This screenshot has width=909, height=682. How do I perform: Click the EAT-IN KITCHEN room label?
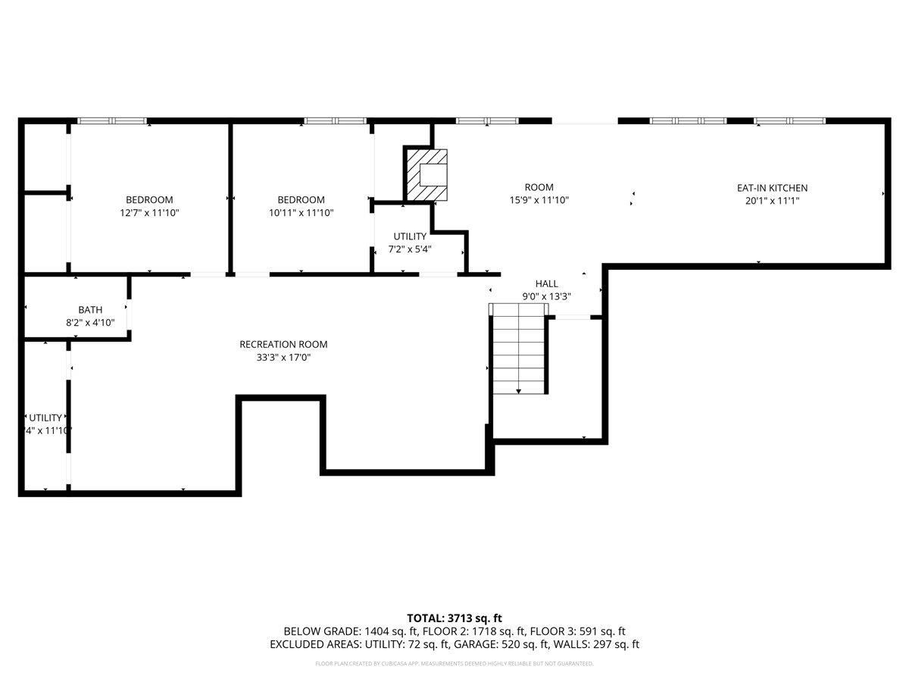772,188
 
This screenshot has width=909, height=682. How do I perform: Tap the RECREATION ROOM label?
283,344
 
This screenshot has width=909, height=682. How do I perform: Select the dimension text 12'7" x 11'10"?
149,213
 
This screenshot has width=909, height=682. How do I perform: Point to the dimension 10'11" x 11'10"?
301,213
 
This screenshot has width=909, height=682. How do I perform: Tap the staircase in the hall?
518,349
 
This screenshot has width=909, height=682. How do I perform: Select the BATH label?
90,309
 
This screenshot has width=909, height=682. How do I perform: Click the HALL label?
546,283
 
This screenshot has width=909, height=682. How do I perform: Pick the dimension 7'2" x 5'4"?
410,249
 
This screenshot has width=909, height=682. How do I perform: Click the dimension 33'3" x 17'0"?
283,357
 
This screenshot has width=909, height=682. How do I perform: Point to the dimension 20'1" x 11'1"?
772,201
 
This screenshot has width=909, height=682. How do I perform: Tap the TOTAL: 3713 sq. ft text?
454,618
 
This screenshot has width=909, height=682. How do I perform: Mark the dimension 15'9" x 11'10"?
539,200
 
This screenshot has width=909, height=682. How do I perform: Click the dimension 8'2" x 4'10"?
90,322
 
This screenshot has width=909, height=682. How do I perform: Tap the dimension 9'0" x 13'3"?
546,296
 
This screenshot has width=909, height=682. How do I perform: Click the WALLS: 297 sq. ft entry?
598,644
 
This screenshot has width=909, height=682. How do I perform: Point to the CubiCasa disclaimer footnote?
454,664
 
